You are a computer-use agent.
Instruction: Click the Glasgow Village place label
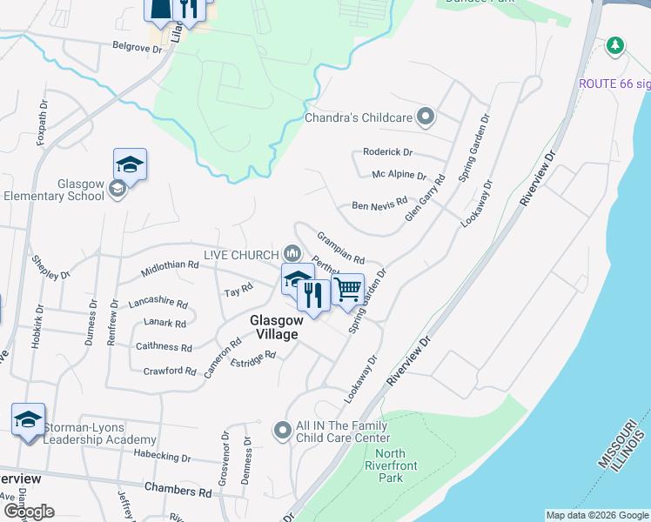276,327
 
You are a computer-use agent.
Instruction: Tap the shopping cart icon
348,288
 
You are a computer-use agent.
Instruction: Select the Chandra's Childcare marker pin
426,116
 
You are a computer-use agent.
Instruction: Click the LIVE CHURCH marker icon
292,254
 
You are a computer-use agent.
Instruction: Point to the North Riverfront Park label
397,465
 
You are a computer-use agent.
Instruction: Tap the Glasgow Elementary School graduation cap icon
130,164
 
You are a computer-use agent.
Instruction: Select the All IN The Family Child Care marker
282,430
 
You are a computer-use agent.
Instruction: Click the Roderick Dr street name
388,151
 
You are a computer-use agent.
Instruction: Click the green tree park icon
615,44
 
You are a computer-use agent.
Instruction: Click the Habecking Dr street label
163,456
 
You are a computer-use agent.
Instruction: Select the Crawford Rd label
169,371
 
